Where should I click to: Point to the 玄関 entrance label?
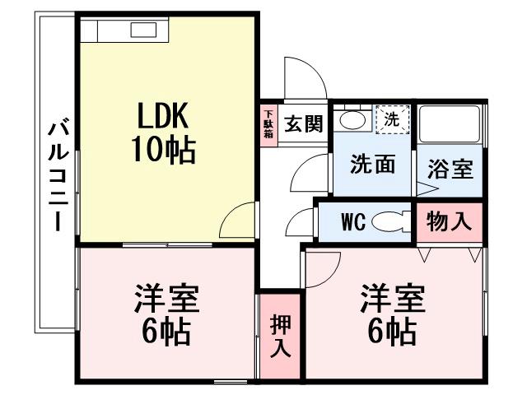click(x=304, y=123)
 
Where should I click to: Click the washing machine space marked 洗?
click(x=393, y=119)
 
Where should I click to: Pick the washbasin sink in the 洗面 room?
click(x=352, y=119)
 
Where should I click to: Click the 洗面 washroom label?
click(x=372, y=165)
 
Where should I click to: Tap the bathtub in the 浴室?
click(x=450, y=124)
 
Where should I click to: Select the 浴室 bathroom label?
click(x=450, y=168)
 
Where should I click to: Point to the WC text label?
click(x=353, y=221)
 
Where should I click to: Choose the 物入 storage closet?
click(x=450, y=222)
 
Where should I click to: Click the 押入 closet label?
click(x=280, y=337)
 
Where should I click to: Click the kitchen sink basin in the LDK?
click(x=143, y=30)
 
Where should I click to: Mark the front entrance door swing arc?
click(x=313, y=67)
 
